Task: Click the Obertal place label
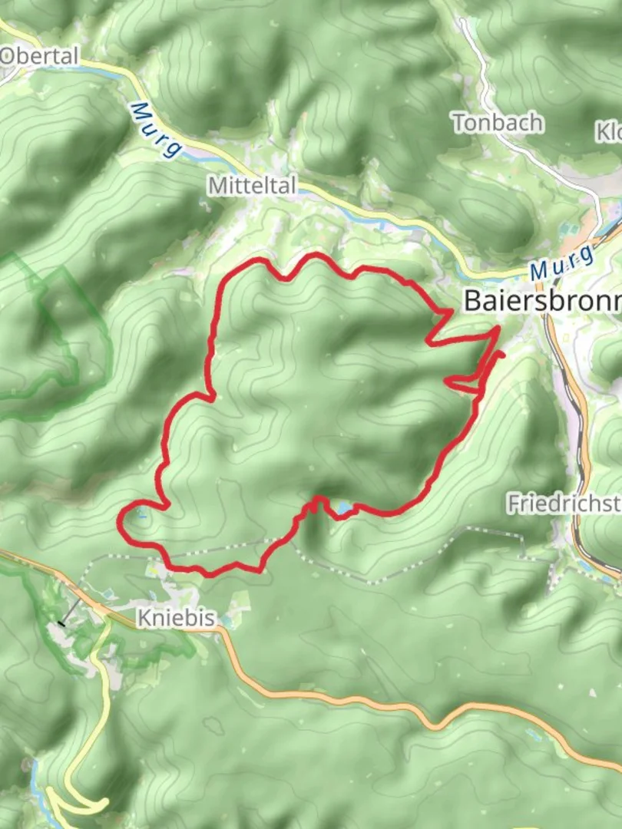click(x=40, y=56)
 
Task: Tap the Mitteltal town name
click(x=252, y=185)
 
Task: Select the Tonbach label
click(x=498, y=123)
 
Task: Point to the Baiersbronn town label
click(x=542, y=301)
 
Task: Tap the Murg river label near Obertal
click(x=155, y=130)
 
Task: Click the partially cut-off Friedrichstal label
click(x=563, y=504)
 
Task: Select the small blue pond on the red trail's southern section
click(x=341, y=507)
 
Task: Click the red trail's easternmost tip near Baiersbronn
click(x=502, y=354)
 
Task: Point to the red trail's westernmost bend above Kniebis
click(x=120, y=521)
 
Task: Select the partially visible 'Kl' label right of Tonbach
click(x=608, y=132)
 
